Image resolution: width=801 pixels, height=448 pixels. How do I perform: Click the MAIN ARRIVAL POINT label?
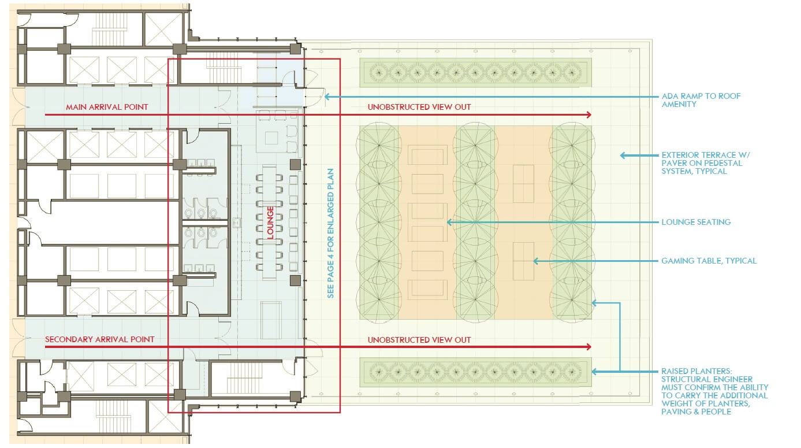pyautogui.click(x=107, y=107)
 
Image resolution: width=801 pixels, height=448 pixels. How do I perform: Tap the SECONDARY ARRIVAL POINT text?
pyautogui.click(x=100, y=339)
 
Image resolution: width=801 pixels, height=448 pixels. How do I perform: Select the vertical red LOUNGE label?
pyautogui.click(x=270, y=223)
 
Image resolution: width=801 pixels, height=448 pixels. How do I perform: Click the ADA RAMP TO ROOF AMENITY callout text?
pyautogui.click(x=701, y=100)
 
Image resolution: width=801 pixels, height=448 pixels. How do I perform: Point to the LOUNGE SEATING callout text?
pyautogui.click(x=696, y=222)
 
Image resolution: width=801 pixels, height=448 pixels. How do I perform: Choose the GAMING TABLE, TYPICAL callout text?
pyautogui.click(x=709, y=261)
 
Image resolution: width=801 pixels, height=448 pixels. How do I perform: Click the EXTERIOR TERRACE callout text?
pyautogui.click(x=706, y=163)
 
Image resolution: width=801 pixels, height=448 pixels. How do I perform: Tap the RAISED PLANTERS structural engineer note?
pyautogui.click(x=714, y=391)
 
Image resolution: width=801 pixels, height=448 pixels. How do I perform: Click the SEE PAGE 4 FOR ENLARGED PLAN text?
pyautogui.click(x=330, y=234)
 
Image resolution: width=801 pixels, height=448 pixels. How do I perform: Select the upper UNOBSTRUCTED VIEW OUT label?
pyautogui.click(x=419, y=107)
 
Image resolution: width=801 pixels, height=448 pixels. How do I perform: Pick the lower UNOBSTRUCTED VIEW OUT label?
pyautogui.click(x=419, y=340)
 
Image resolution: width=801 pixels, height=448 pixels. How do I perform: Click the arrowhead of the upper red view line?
pyautogui.click(x=588, y=115)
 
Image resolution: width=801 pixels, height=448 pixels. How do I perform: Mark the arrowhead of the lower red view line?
pyautogui.click(x=588, y=347)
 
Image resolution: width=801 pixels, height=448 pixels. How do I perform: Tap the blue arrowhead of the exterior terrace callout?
pyautogui.click(x=623, y=155)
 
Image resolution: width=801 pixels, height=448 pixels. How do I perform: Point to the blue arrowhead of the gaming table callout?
pyautogui.click(x=536, y=261)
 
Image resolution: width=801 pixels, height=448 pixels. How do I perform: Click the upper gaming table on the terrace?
pyautogui.click(x=524, y=184)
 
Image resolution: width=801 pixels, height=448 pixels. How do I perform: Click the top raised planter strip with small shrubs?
pyautogui.click(x=476, y=73)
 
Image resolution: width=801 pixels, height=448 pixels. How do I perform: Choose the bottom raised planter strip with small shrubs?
pyautogui.click(x=476, y=372)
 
